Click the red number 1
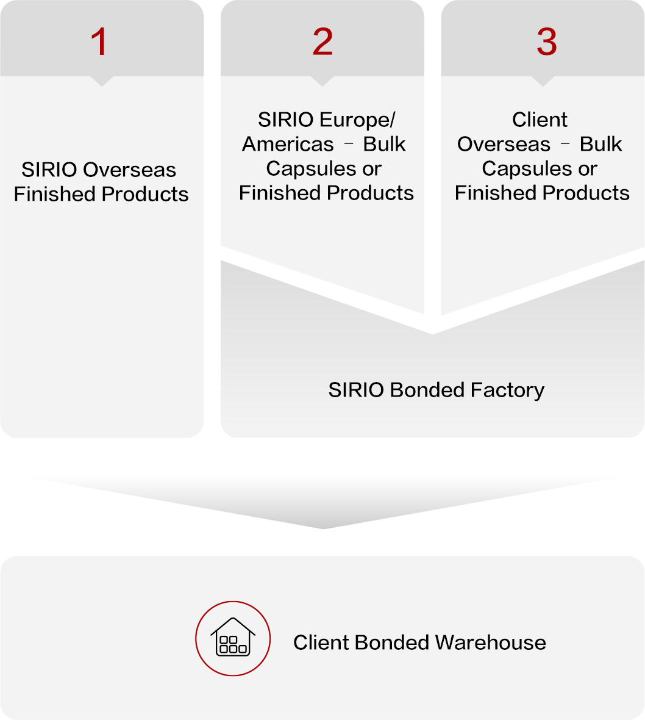tap(99, 42)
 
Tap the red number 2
tap(322, 42)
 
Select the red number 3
tap(546, 42)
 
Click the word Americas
tap(288, 144)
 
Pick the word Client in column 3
tap(540, 120)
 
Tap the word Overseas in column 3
tap(504, 144)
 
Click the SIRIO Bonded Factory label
tap(436, 390)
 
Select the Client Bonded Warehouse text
tap(419, 643)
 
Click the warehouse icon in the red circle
tap(232, 638)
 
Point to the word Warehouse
tap(491, 643)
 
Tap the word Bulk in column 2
tap(384, 144)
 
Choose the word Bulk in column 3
tap(600, 144)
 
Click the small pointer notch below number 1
tap(102, 81)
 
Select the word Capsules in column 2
tap(305, 168)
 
